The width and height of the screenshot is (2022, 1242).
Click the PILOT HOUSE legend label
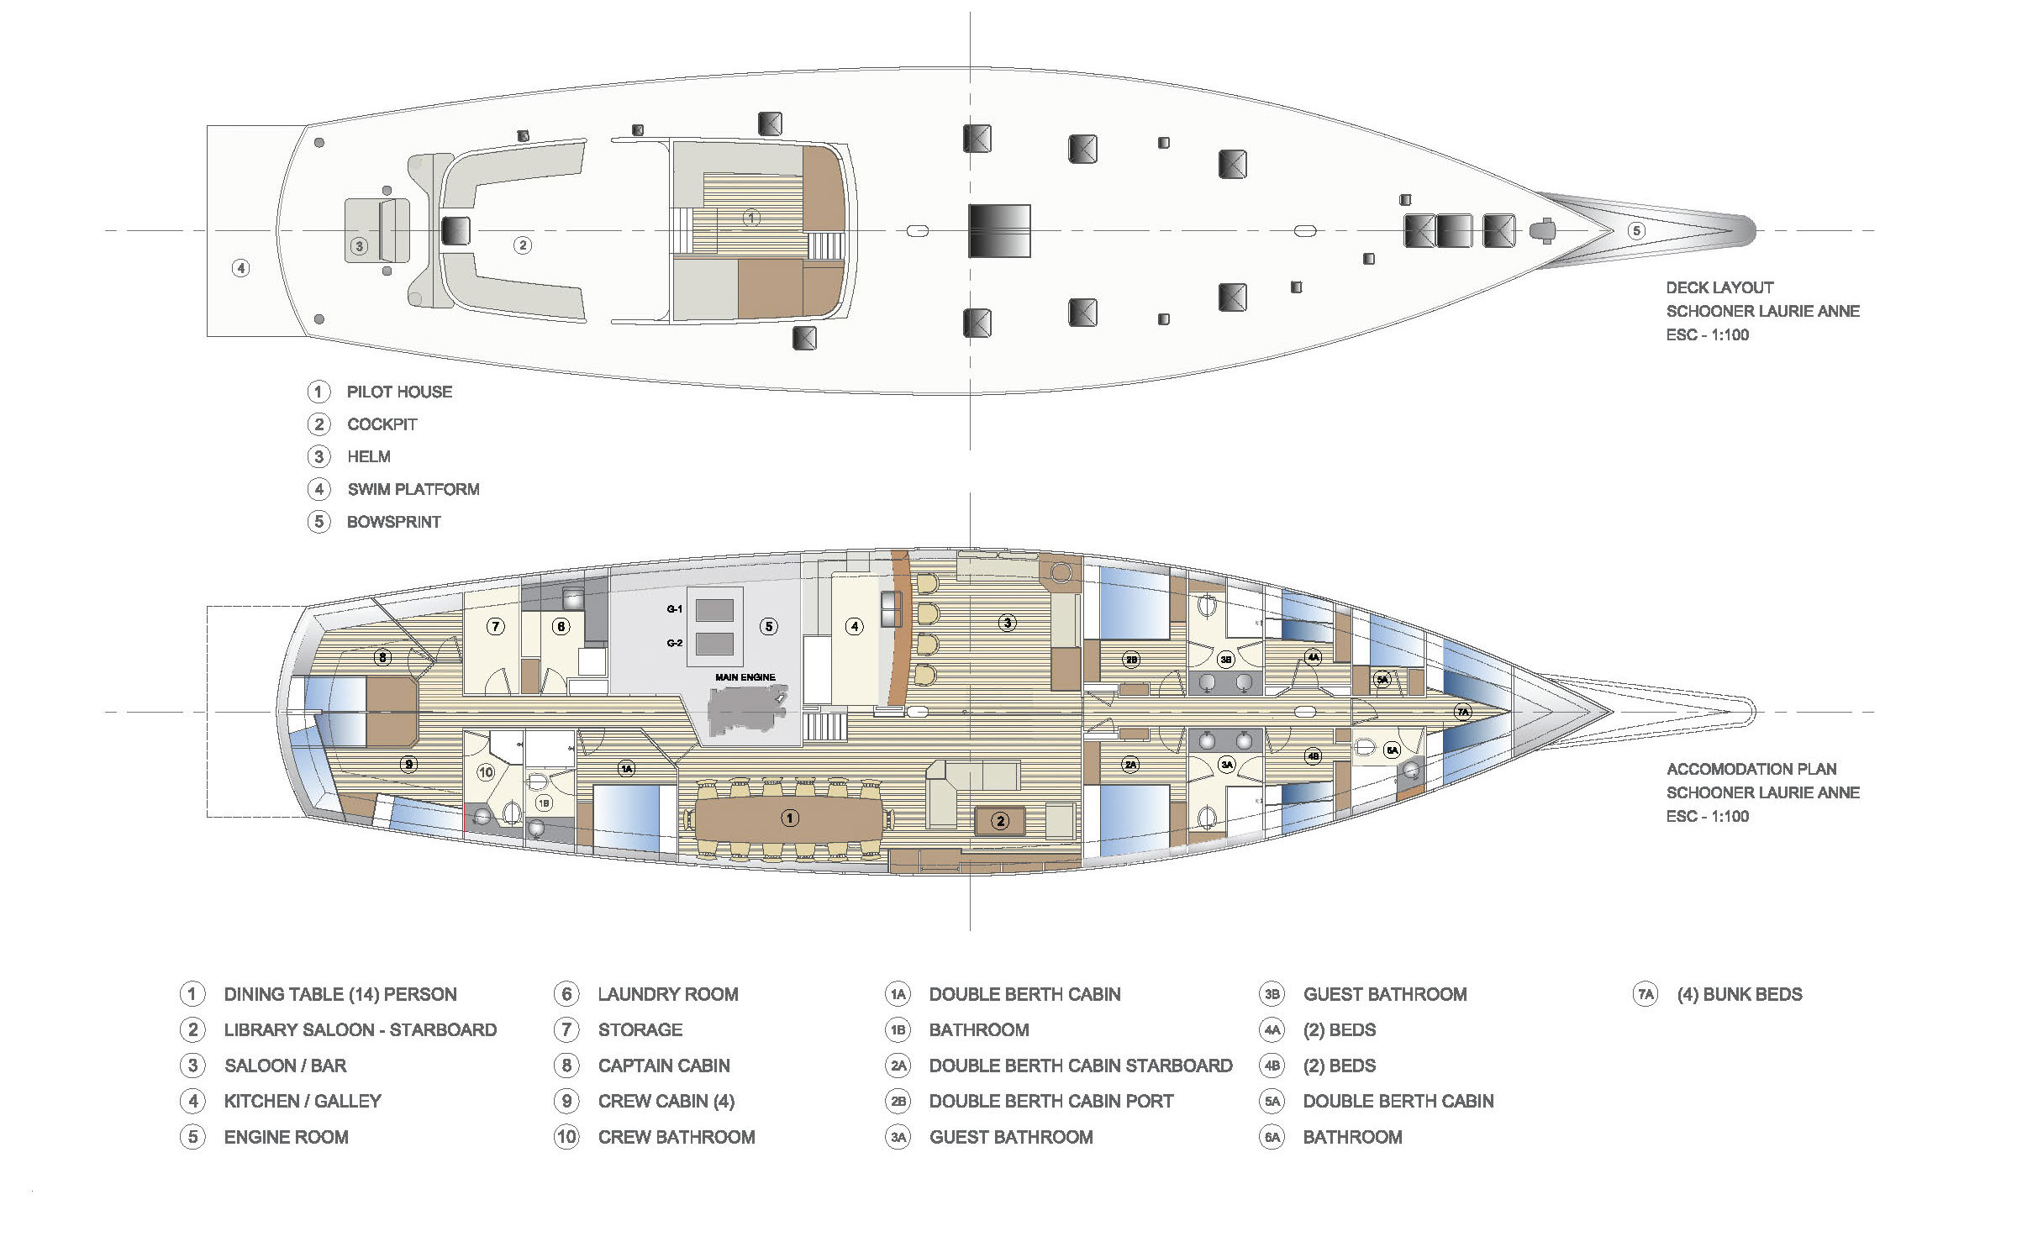[x=399, y=392]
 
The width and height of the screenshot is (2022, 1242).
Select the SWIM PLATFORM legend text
[x=413, y=489]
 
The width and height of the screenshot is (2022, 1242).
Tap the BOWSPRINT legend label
[x=394, y=522]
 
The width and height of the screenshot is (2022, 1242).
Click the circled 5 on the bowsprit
[x=1636, y=230]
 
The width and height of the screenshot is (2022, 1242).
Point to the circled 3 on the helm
[x=360, y=246]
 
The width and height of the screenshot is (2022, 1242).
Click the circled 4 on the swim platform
[x=241, y=268]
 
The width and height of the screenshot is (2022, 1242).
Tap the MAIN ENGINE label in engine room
[x=745, y=677]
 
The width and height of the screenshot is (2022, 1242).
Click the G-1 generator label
[x=675, y=609]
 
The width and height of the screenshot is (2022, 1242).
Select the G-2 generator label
[x=675, y=643]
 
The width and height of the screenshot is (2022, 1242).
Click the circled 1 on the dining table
[x=789, y=818]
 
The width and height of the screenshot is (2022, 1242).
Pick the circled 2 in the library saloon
[x=1000, y=821]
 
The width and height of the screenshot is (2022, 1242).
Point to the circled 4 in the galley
[x=855, y=626]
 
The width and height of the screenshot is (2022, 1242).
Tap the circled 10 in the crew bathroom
[x=486, y=772]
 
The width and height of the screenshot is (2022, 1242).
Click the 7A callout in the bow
[x=1463, y=712]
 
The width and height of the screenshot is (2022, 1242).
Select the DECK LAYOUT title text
[x=1720, y=287]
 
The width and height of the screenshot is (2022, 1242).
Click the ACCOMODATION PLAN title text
[x=1751, y=769]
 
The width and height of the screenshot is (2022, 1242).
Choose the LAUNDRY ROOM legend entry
[x=668, y=994]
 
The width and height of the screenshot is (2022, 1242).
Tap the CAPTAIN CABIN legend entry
[x=664, y=1066]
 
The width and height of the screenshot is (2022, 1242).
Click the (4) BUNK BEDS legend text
[x=1740, y=994]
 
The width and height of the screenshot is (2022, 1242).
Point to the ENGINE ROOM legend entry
[x=286, y=1137]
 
